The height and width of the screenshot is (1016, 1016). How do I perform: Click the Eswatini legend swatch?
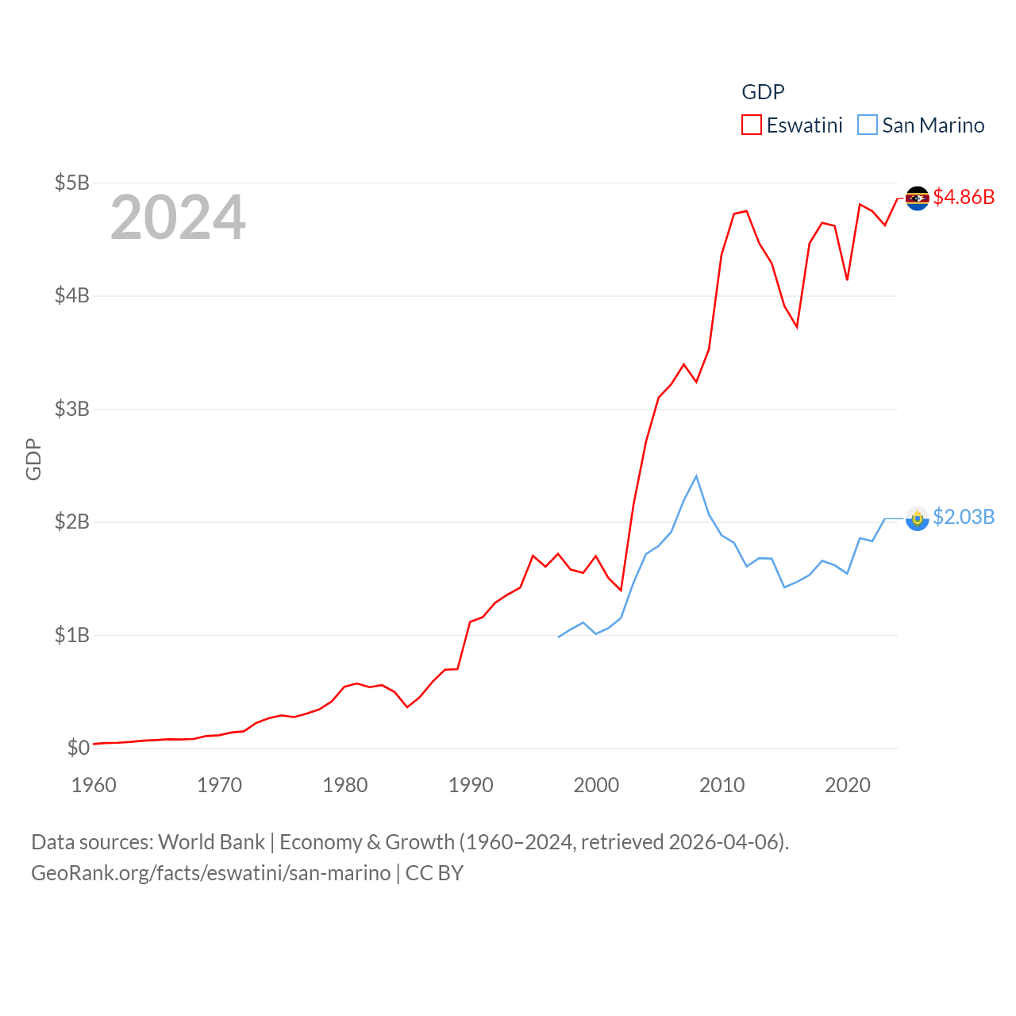[x=751, y=125]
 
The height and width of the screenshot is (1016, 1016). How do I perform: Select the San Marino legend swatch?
[x=868, y=125]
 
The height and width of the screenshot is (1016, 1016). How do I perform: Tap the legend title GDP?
[x=763, y=92]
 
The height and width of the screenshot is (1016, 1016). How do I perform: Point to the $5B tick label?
[x=71, y=183]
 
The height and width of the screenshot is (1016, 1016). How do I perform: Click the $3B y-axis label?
[x=71, y=409]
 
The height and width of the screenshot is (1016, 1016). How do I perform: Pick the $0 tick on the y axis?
[x=78, y=748]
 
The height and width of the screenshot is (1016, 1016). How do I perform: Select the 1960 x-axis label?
[x=94, y=785]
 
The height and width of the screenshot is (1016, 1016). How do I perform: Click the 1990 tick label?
[x=471, y=785]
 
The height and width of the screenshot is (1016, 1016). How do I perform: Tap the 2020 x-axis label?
[x=848, y=785]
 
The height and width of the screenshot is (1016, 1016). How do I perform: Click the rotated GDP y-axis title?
[x=33, y=459]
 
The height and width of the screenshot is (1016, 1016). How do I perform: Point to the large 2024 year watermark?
[x=178, y=217]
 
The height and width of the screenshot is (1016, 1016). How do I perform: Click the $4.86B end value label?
[x=964, y=197]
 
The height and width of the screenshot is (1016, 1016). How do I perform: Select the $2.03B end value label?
[x=964, y=517]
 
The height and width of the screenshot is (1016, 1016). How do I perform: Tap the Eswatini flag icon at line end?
[x=918, y=198]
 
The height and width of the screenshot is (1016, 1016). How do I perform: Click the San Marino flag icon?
[x=918, y=518]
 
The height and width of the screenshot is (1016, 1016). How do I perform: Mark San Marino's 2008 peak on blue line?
[x=696, y=476]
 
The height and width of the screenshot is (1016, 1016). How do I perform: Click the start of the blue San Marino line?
[x=559, y=637]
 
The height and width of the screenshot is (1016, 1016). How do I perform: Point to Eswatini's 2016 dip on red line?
[x=796, y=326]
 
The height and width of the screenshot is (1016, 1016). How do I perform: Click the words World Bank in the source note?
[x=211, y=842]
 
